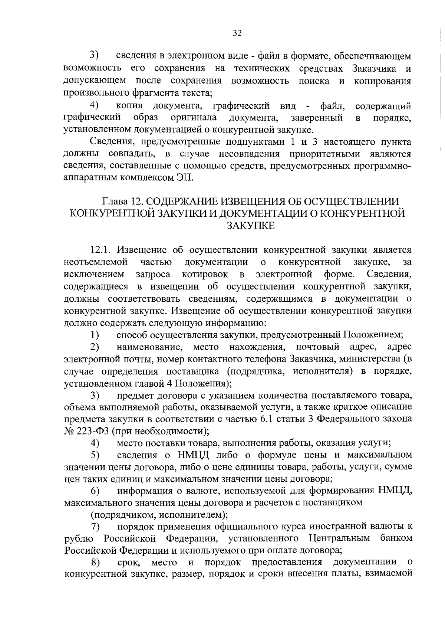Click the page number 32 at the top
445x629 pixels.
pos(237,33)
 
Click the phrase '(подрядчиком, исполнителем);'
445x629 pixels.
pos(159,515)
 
